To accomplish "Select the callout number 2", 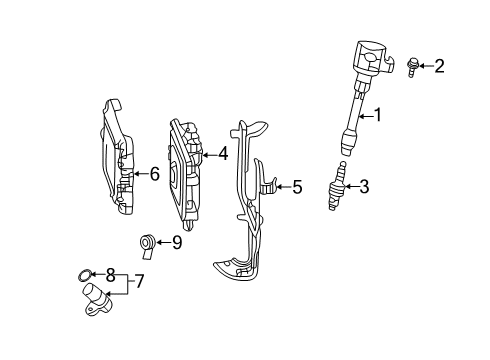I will (439, 66).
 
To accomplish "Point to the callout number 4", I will (223, 154).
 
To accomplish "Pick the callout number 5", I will (296, 186).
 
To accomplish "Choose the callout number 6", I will (154, 174).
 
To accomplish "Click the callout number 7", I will (139, 282).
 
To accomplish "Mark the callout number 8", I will (110, 271).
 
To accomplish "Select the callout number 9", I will (177, 241).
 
